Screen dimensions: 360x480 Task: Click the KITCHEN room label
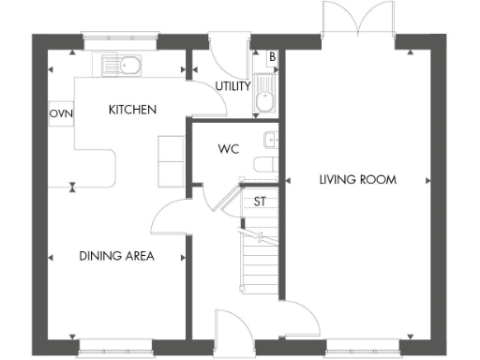tap(132, 110)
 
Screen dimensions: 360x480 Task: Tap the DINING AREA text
tap(116, 255)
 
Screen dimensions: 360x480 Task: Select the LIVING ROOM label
tap(357, 179)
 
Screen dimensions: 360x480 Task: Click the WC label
tap(227, 148)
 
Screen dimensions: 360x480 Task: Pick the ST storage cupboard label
tap(260, 201)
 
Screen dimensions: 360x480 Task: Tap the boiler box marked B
tap(272, 57)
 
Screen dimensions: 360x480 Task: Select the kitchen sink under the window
tap(122, 66)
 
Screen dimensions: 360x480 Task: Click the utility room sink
tap(264, 97)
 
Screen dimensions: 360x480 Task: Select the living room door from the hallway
tap(298, 314)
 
